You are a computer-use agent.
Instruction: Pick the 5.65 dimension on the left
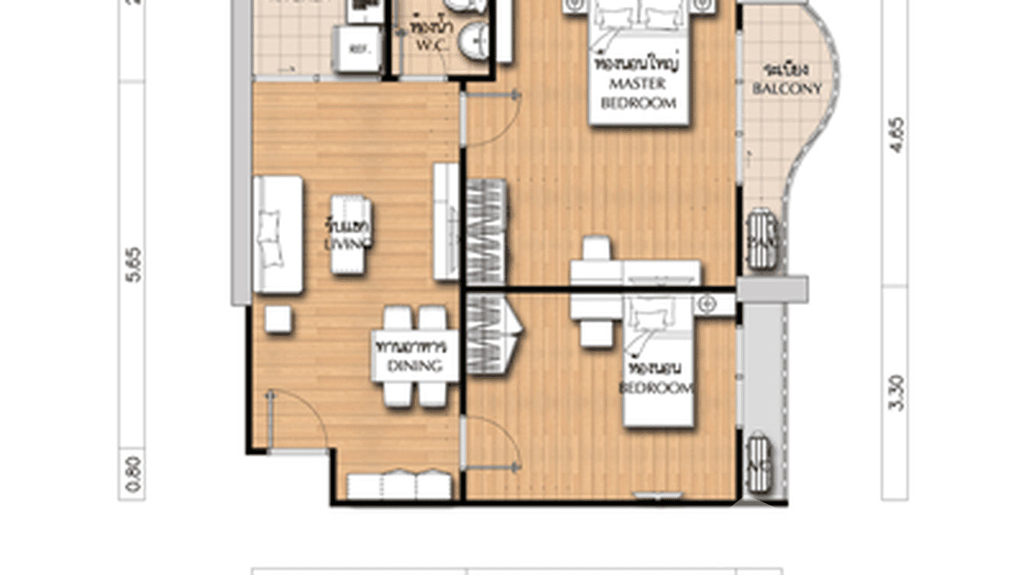[x=133, y=264]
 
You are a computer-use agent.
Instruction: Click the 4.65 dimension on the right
[x=896, y=134]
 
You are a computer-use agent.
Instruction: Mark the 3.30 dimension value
[x=896, y=393]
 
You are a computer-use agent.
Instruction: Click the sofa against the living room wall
[x=278, y=234]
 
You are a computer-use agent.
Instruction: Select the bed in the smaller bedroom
[x=659, y=361]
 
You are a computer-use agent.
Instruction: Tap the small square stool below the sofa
[x=278, y=319]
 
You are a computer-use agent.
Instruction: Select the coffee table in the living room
[x=351, y=234]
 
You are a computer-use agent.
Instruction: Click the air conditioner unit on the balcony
[x=762, y=239]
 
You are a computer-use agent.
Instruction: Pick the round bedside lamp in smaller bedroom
[x=707, y=305]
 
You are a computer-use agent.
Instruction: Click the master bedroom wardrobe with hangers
[x=486, y=231]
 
